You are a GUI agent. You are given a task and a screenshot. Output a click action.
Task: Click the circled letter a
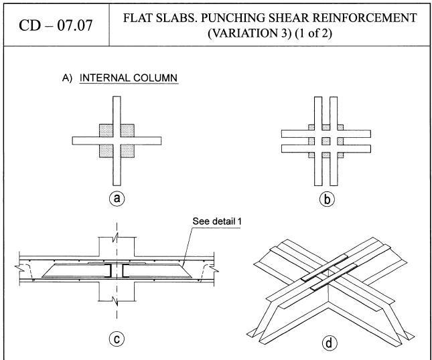pyautogui.click(x=118, y=198)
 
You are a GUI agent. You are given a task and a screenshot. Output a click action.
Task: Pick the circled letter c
pyautogui.click(x=118, y=339)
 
